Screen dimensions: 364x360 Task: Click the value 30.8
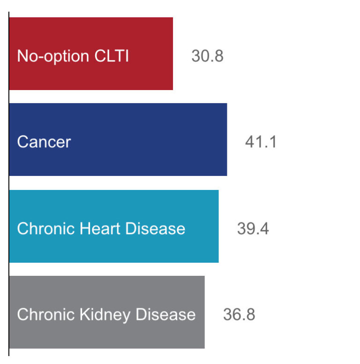coord(207,56)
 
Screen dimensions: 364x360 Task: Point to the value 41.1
coord(261,142)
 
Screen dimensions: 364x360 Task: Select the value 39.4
coord(253,228)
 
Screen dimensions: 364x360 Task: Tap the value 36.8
coord(239,314)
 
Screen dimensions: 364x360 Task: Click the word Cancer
coord(44,142)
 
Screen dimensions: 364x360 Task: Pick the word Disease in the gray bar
coord(165,314)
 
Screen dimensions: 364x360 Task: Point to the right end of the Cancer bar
coord(226,140)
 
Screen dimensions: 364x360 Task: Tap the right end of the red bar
coord(172,53)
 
